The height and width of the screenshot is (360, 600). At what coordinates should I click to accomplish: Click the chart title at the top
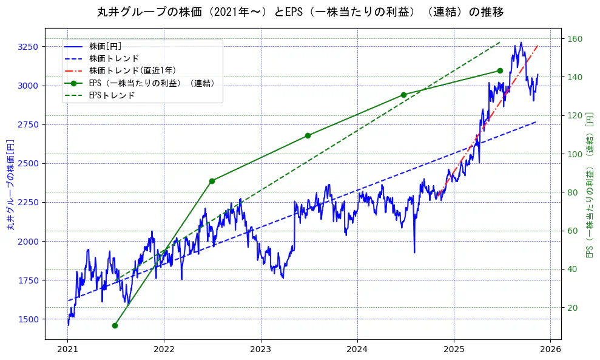[x=300, y=12]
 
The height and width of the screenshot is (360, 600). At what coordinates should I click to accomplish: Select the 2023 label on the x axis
[x=260, y=350]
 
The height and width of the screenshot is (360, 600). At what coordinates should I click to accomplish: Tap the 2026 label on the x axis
[x=550, y=350]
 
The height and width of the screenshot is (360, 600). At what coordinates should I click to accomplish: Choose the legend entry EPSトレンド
[x=112, y=95]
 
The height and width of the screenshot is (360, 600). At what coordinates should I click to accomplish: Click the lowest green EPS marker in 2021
[x=115, y=325]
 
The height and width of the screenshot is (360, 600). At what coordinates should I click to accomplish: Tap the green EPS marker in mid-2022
[x=212, y=181]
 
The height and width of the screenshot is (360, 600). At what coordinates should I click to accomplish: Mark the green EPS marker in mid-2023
[x=308, y=135]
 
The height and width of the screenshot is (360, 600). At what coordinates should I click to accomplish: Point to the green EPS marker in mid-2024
[x=403, y=95]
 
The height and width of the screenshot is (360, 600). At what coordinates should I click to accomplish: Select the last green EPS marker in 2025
[x=500, y=70]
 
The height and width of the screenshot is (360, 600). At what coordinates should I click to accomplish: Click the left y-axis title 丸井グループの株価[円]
[x=10, y=183]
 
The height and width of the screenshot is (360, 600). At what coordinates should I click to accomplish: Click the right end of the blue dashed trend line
[x=536, y=122]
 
